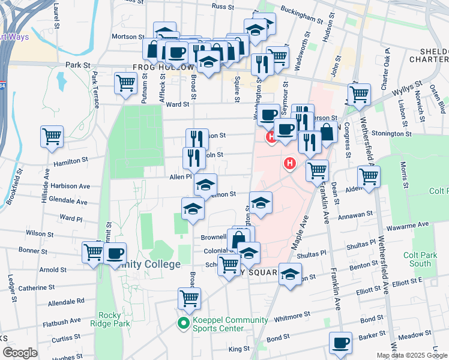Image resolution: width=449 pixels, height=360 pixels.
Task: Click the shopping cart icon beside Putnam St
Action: (x=125, y=82)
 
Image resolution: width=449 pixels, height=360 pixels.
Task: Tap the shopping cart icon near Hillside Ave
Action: (x=52, y=136)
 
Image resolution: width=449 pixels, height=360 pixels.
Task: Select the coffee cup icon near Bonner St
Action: (x=115, y=252)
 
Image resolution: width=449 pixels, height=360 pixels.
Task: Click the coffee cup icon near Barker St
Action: (x=341, y=342)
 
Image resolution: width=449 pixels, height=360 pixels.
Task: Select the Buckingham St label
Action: (x=303, y=18)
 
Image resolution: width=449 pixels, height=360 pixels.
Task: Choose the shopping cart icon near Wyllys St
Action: (x=358, y=94)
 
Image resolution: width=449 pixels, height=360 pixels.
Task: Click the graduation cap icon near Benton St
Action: (x=290, y=274)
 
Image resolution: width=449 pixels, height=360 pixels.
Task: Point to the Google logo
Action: (x=20, y=353)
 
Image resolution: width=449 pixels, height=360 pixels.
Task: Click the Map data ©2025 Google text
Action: (x=411, y=355)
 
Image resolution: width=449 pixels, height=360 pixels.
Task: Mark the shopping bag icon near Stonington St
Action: (x=327, y=133)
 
